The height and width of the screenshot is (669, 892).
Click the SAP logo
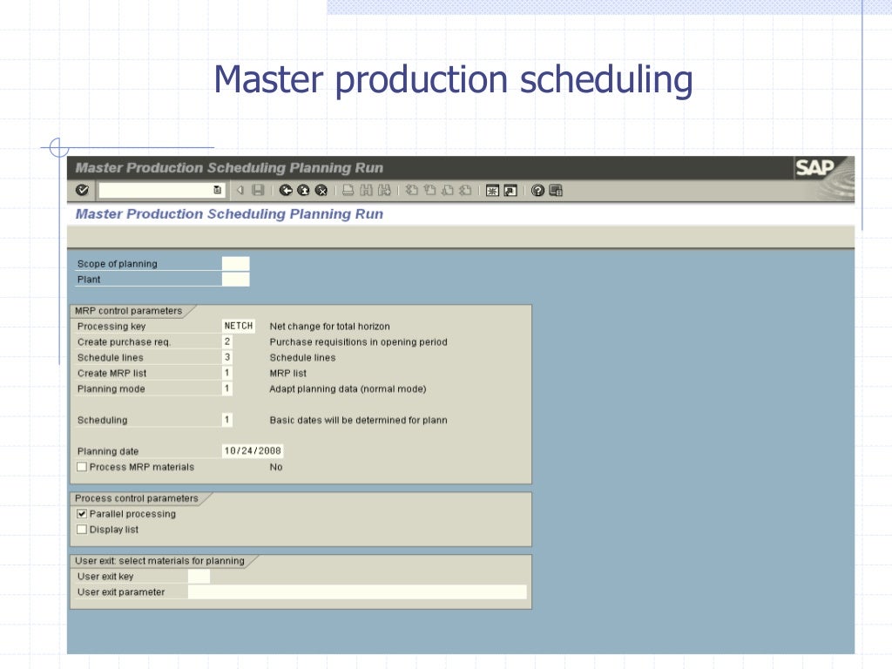(814, 168)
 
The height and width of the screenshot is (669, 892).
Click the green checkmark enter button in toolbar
(82, 190)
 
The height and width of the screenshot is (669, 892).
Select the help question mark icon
(537, 191)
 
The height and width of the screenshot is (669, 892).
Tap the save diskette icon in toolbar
(258, 191)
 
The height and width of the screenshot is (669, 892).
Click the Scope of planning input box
(235, 264)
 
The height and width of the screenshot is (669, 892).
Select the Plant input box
(235, 280)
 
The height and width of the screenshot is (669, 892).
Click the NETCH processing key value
(238, 326)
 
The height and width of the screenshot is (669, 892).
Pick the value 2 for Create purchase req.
(227, 341)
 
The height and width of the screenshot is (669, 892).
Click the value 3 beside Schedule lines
(227, 357)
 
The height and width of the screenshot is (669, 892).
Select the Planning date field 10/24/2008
(253, 451)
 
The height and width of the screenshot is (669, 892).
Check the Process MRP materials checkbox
(82, 467)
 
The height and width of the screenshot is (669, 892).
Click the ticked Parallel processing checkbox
(82, 514)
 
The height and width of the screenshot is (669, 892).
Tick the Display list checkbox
(82, 530)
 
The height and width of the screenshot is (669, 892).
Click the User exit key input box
(199, 577)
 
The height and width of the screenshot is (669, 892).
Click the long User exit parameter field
(357, 592)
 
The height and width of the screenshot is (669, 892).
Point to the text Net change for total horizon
(329, 326)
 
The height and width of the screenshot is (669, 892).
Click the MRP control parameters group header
(129, 311)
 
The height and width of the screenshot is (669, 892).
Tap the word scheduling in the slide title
(606, 80)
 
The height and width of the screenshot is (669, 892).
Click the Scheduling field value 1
(227, 420)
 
